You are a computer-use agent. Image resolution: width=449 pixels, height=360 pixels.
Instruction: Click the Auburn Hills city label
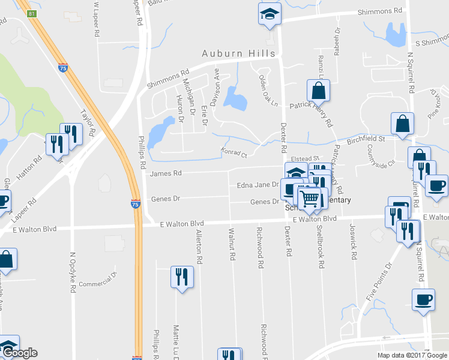238,53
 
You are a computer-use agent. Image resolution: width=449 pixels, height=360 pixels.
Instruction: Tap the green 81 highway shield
31,13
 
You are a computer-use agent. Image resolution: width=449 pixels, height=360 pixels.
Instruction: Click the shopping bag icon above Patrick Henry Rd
318,91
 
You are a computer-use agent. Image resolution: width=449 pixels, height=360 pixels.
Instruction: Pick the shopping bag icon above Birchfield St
402,124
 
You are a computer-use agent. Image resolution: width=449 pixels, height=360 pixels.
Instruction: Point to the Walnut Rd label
232,244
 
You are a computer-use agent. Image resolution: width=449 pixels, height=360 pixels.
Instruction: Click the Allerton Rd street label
198,247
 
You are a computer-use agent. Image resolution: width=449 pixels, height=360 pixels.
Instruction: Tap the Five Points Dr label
380,281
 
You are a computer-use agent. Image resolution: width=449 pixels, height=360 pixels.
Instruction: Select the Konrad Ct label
234,152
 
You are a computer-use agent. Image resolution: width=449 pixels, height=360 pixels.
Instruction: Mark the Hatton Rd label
29,167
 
